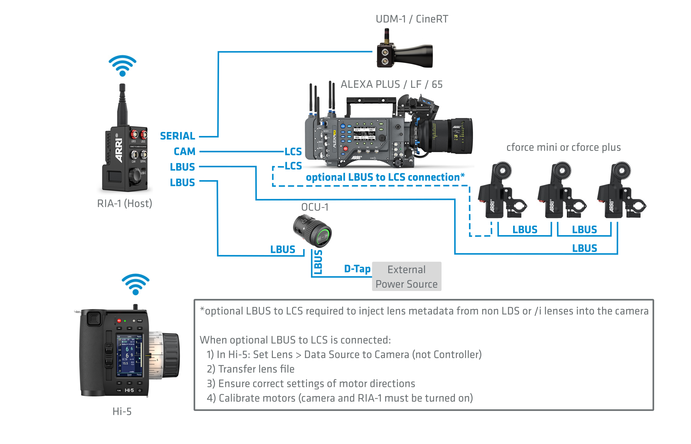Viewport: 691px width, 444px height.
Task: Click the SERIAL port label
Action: point(177,136)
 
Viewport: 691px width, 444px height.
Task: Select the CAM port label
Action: point(184,152)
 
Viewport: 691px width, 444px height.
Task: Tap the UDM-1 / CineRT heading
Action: point(412,19)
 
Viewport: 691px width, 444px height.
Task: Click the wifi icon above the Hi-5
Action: point(135,284)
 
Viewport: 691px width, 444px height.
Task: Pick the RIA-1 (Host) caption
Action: point(125,204)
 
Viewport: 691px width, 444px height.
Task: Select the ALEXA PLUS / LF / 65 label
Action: point(391,84)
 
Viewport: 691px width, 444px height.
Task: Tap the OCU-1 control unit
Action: point(313,231)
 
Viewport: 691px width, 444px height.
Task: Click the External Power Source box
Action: point(406,277)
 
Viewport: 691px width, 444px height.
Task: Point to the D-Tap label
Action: point(357,269)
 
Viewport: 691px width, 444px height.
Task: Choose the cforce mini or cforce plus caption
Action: point(563,147)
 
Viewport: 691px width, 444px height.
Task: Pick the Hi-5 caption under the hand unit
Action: point(122,412)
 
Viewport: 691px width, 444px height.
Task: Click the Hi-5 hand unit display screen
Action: point(129,356)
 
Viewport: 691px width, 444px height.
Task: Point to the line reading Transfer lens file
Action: point(251,369)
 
